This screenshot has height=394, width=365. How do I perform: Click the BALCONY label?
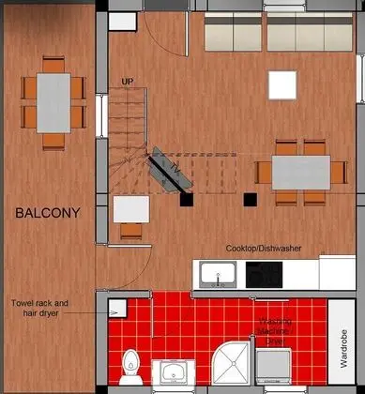pos(48,213)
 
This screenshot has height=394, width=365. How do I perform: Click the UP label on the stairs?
pos(128,82)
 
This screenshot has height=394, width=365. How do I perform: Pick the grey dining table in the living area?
pos(302,172)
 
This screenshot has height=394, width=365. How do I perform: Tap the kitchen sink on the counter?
pos(218,274)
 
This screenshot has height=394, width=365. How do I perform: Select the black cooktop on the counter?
pos(264,274)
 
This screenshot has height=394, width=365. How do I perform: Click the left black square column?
pos(186,200)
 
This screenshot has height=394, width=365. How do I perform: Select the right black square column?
pos(249,199)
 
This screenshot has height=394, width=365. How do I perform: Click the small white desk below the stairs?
pos(130,208)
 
